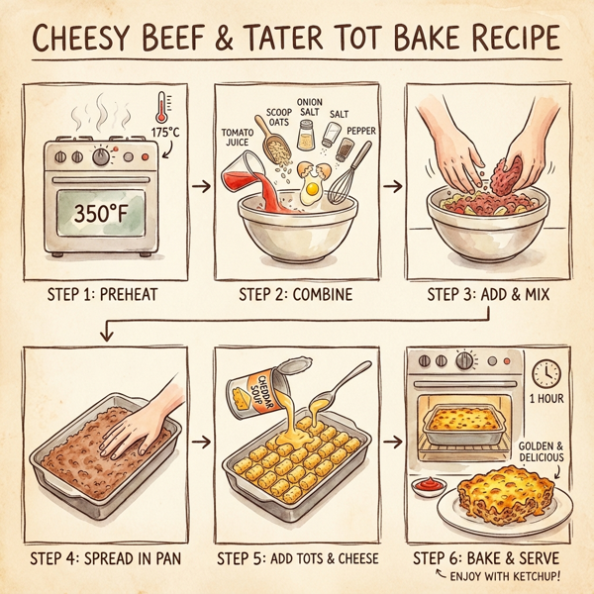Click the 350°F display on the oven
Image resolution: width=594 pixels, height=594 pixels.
click(102, 211)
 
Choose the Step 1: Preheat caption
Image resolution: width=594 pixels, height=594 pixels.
click(102, 294)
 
